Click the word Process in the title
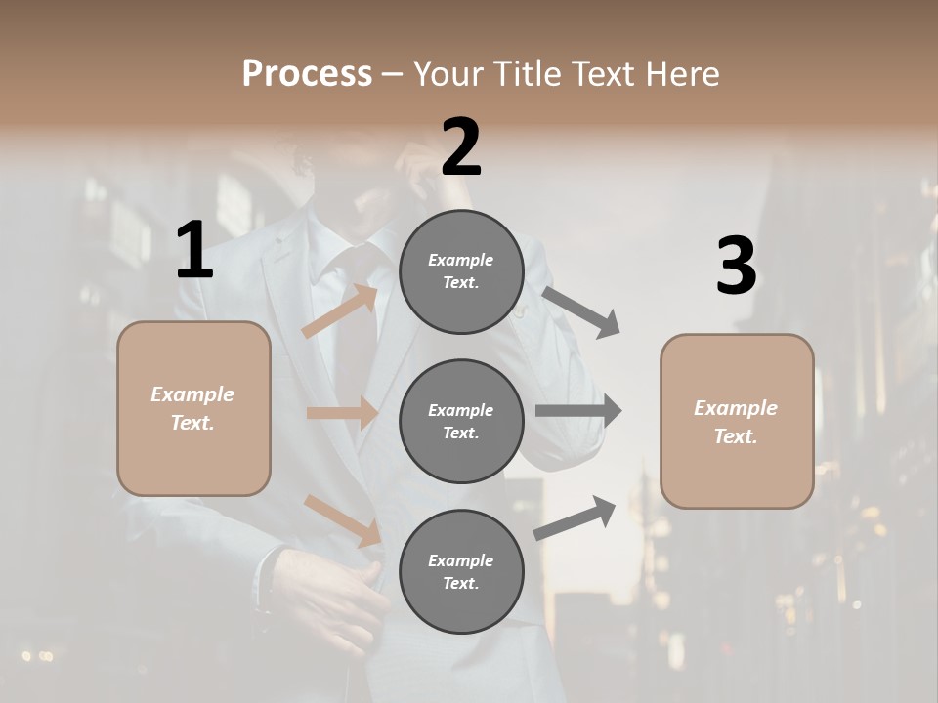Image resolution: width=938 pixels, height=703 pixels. [307, 74]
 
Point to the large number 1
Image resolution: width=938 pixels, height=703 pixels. [194, 251]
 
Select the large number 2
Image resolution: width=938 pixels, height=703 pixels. [461, 147]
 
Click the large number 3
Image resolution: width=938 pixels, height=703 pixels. [736, 267]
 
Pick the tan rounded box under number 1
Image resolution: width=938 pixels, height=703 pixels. [193, 408]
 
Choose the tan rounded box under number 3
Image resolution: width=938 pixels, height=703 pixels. [737, 421]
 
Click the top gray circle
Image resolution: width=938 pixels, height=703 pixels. [461, 271]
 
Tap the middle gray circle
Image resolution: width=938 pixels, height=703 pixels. [461, 421]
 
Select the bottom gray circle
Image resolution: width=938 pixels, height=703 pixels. [461, 571]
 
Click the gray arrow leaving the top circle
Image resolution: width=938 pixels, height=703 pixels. [581, 311]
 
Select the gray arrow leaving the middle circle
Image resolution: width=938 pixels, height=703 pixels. [577, 411]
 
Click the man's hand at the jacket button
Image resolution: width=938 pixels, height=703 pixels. [347, 600]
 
